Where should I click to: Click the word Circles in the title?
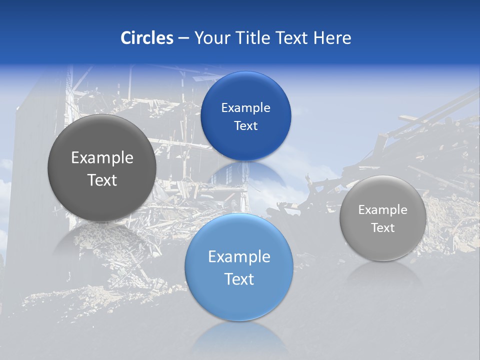coord(146,38)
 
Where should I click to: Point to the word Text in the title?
coord(292,38)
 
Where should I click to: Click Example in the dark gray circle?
coord(102,158)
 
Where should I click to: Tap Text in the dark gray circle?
coord(102,180)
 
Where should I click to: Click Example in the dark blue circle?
coord(245,108)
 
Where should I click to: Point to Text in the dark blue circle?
coord(245,126)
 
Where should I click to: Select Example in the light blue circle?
coord(239,257)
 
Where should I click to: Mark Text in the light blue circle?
coord(239,279)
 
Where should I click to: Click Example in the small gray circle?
coord(382,210)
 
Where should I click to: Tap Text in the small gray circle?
coord(382,228)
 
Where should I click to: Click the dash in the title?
coord(183,38)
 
